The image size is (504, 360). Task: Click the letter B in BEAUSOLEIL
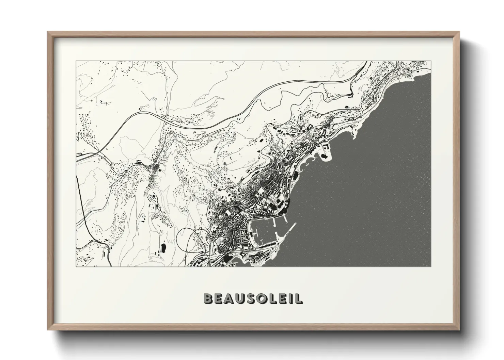pos(208,298)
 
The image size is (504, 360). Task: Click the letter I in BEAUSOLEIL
pos(290,298)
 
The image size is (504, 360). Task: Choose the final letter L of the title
pos(299,298)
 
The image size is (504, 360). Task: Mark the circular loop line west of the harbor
pos(179,238)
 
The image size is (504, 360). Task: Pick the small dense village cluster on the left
pos(156,168)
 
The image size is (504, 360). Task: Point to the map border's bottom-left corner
pos(76,266)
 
